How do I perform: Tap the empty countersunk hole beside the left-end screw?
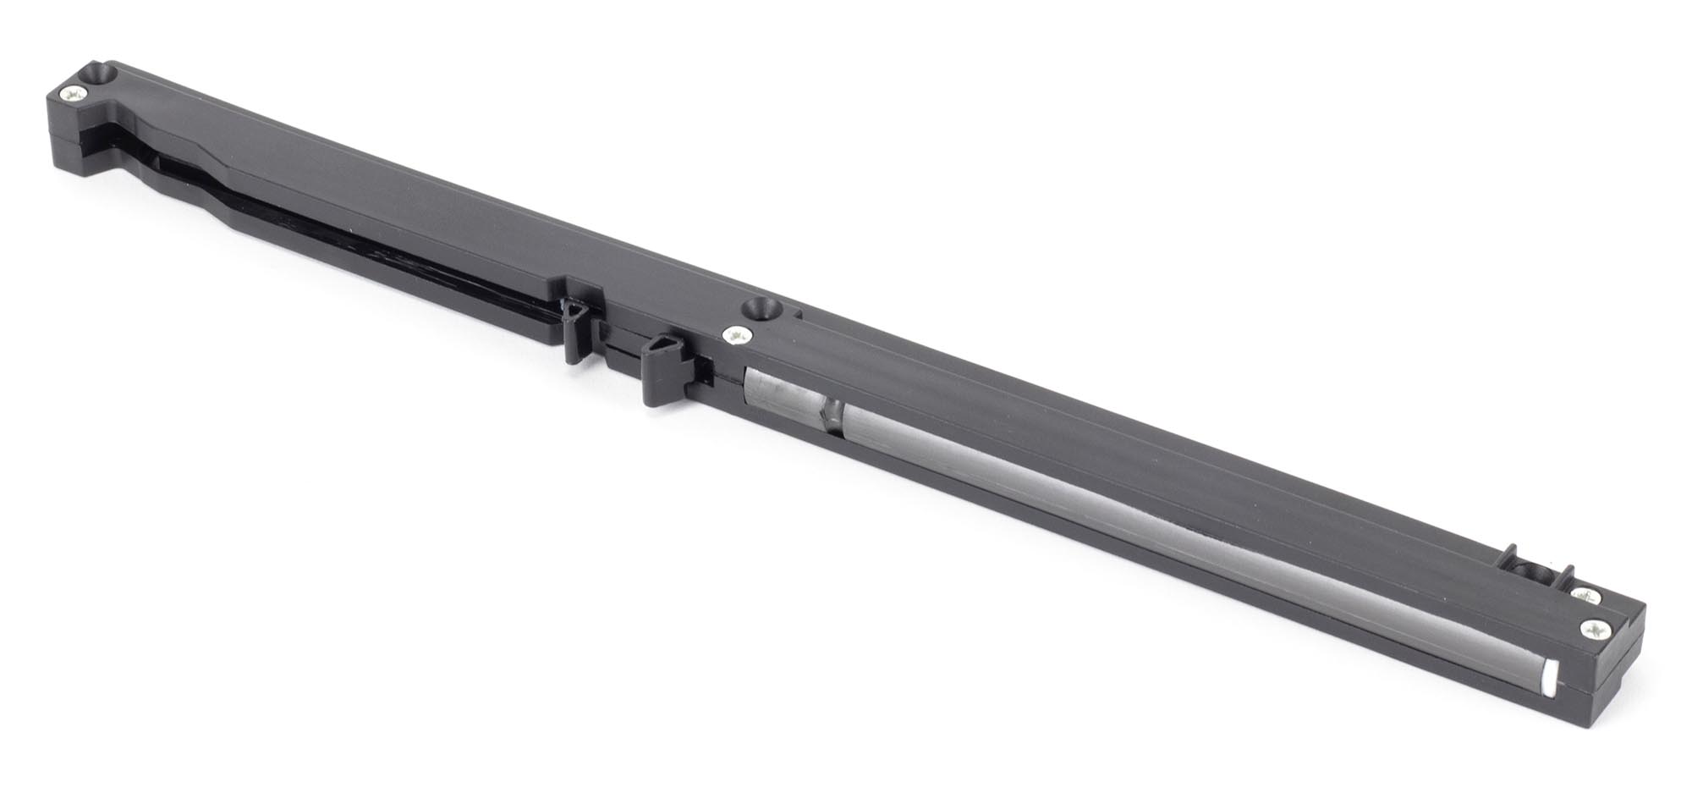[x=102, y=74]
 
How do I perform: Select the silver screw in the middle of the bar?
[x=735, y=336]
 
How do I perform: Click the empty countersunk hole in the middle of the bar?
[x=759, y=309]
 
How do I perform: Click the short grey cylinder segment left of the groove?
[x=783, y=397]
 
